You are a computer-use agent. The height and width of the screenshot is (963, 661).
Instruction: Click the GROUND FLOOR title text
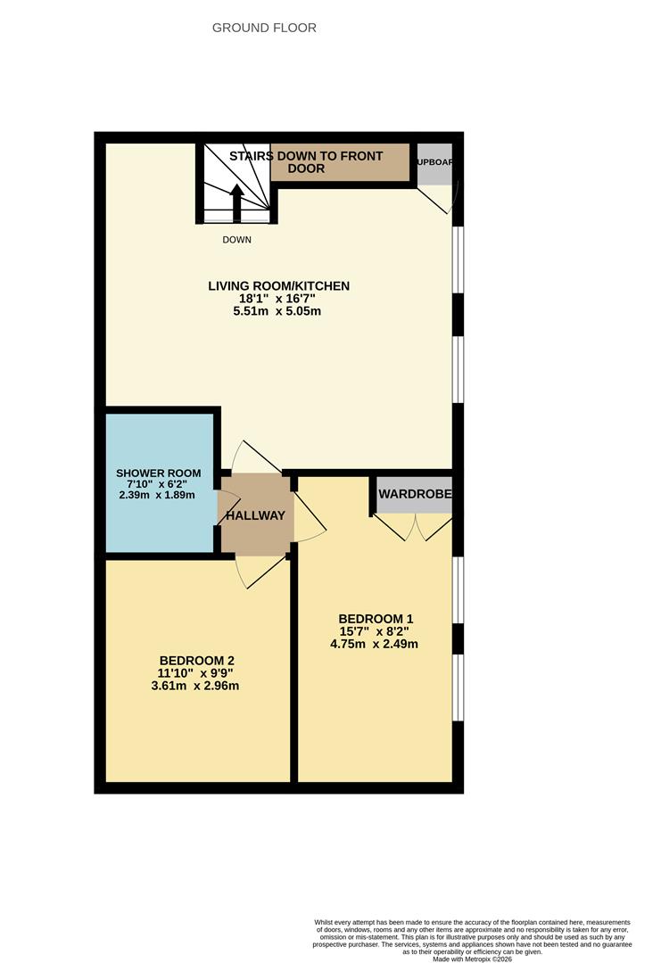coord(264,28)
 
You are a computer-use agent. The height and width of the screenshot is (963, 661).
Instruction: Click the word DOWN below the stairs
coord(237,240)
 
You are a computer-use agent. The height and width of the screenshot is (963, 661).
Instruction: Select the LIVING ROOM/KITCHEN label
coord(278,286)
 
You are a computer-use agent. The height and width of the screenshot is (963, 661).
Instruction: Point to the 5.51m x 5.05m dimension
coord(278,311)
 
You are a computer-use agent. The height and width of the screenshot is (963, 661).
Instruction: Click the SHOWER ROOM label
coord(158,473)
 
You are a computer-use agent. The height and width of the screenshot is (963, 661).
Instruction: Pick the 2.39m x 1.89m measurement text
coord(158,495)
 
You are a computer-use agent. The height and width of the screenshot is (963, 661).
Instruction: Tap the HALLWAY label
coord(255,515)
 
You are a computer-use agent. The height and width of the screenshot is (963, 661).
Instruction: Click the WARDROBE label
coord(415,494)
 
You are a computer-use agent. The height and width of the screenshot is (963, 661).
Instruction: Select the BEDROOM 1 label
coord(376,619)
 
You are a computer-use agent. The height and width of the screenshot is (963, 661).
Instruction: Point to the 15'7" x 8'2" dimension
coord(376,631)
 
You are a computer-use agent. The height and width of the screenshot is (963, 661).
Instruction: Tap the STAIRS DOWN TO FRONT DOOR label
coord(306,161)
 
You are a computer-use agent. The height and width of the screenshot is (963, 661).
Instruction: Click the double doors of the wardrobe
coord(413,528)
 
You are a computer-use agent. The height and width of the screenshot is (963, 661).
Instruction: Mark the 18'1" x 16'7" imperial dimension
coord(278,299)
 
